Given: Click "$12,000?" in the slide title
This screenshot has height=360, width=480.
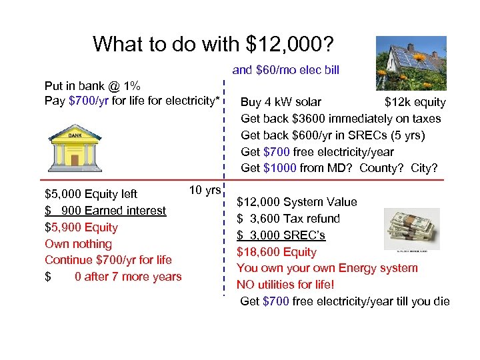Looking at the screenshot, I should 291,45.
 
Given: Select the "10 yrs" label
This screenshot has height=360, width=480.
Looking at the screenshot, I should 205,190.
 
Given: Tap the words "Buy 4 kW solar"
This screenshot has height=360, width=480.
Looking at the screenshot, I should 281,102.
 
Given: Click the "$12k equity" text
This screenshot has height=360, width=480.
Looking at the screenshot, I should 415,102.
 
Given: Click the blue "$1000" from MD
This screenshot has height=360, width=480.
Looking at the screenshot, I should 281,168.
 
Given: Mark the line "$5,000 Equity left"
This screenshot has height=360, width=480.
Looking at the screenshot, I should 91,194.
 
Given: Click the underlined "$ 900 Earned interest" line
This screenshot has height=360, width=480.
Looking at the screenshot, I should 105,211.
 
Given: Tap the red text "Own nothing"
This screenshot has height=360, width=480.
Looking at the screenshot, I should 78,244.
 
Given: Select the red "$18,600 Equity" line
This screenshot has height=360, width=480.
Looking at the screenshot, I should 277,252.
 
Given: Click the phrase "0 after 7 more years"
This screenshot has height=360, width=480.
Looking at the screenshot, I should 128,277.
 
